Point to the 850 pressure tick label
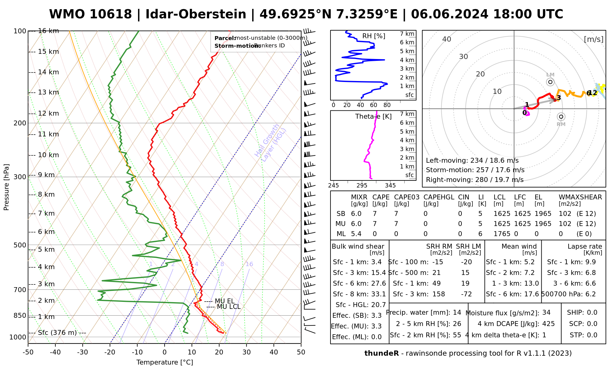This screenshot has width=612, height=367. (x=20, y=315)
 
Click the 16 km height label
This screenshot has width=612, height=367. (x=48, y=31)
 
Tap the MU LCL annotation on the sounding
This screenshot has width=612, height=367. (x=229, y=307)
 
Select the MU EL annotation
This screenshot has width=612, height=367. (x=225, y=301)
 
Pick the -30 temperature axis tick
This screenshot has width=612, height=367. (x=83, y=352)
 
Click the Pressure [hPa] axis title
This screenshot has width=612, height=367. (x=6, y=187)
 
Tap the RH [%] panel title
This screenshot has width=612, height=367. (x=374, y=36)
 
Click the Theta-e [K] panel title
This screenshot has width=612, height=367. (x=373, y=117)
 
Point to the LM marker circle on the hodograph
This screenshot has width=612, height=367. (x=550, y=82)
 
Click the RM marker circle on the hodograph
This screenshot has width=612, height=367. (x=561, y=117)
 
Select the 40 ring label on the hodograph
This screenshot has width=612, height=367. (x=447, y=39)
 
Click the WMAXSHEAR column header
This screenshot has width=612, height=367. (x=580, y=197)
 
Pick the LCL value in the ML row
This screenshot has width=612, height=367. (x=502, y=234)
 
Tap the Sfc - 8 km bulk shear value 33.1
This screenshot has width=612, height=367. (x=379, y=294)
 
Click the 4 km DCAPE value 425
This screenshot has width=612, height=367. (x=548, y=324)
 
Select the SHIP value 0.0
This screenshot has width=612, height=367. (x=592, y=313)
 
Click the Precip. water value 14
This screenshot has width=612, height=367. (x=457, y=313)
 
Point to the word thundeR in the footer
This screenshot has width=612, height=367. (x=381, y=354)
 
